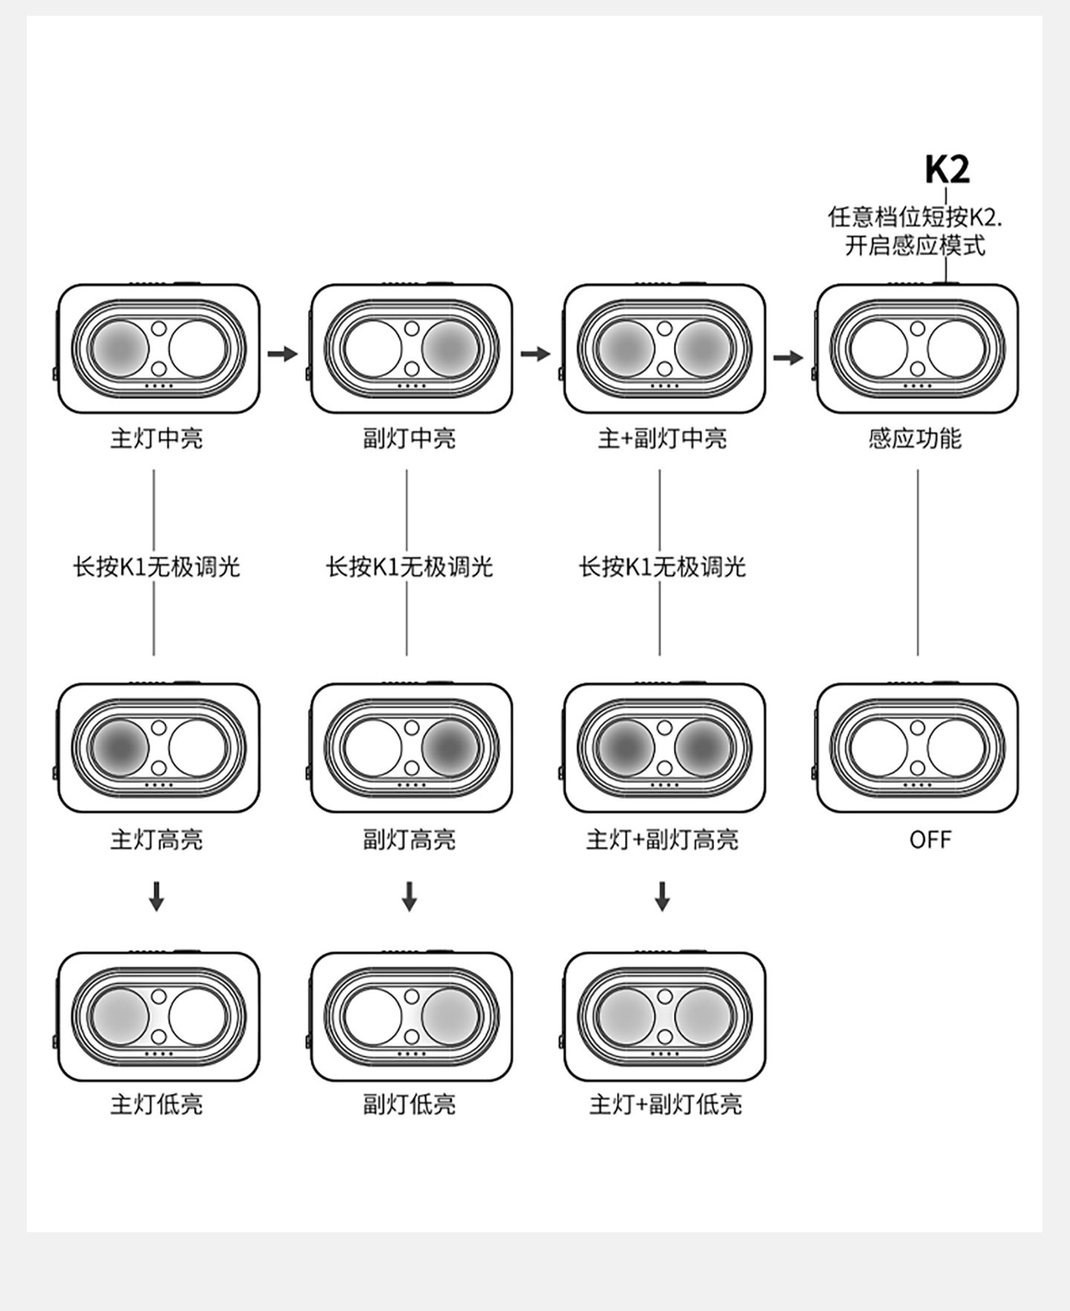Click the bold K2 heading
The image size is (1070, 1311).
947,170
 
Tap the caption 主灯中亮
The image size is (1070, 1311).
156,438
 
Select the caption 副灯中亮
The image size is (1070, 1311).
409,438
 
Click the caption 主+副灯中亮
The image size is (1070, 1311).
662,438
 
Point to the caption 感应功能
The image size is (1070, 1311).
915,438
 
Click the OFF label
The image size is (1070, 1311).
930,840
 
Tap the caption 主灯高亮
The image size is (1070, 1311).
156,840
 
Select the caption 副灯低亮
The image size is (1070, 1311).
409,1104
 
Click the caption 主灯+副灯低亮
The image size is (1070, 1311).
665,1104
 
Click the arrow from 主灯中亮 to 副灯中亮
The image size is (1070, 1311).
282,354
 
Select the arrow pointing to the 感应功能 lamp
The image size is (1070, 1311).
788,358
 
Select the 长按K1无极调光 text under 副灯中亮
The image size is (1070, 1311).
409,567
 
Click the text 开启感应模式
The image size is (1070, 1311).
915,245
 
